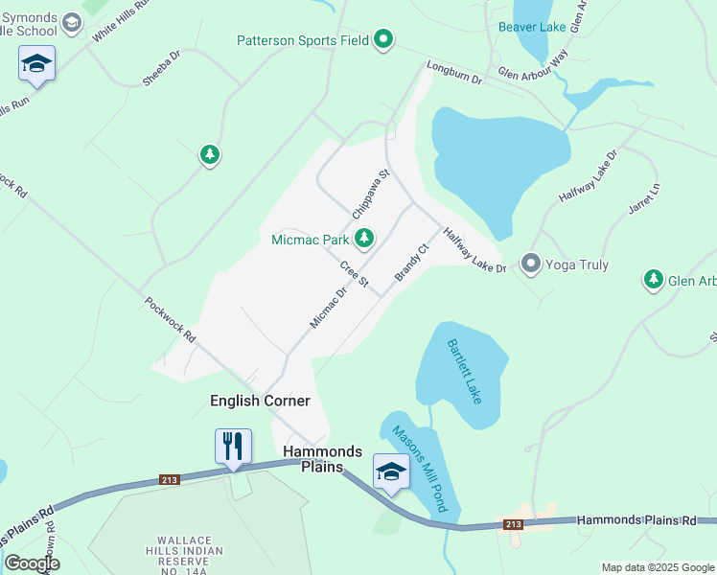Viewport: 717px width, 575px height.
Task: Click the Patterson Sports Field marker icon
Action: point(383,39)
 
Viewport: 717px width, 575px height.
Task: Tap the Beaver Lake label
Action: point(532,27)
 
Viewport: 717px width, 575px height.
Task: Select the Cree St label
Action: point(354,273)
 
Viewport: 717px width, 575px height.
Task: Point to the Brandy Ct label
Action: point(409,262)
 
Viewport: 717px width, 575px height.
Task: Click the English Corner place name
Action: point(260,401)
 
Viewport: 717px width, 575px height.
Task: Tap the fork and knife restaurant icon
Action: point(233,447)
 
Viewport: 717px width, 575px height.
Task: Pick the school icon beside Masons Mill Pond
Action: point(390,471)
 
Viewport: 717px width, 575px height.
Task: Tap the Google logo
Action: point(32,563)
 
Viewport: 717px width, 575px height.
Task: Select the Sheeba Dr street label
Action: point(161,69)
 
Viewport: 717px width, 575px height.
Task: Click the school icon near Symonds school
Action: point(36,63)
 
